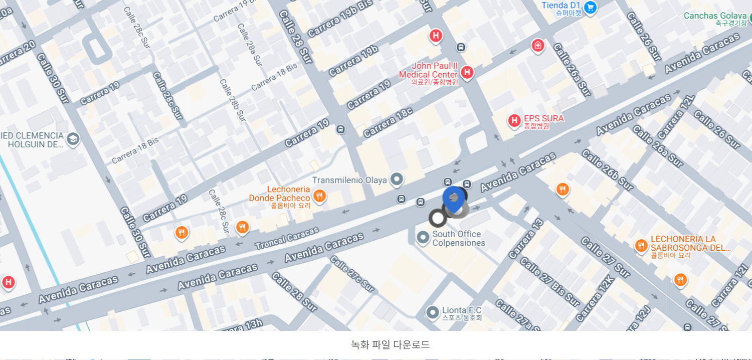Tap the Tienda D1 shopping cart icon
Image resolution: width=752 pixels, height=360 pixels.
pos(590,8)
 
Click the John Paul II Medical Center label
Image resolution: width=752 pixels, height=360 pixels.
pos(428,71)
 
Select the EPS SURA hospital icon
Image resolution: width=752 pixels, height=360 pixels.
pos(514,120)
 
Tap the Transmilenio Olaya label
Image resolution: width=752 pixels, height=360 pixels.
pos(349,180)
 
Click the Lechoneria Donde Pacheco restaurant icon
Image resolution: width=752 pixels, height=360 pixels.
pos(319,196)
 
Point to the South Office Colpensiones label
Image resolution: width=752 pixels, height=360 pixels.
pos(458,239)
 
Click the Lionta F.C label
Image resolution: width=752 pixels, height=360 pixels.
pos(461,311)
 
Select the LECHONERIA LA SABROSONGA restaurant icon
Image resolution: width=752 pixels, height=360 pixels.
pos(640,246)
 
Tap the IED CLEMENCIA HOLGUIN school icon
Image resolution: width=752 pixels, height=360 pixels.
pos(73,139)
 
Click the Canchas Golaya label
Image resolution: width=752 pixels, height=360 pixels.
pos(715,16)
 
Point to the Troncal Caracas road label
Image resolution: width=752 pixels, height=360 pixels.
pos(286,239)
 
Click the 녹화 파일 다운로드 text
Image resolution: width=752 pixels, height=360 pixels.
pos(390,344)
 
